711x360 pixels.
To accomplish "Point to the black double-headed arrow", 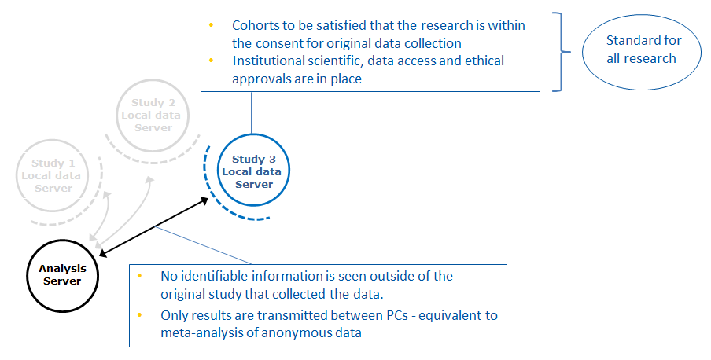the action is pyautogui.click(x=153, y=226).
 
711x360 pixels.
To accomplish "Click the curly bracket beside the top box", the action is pyautogui.click(x=562, y=52).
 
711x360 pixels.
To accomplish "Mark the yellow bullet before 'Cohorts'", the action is pyautogui.click(x=212, y=24).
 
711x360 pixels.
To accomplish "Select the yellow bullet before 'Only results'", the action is pyautogui.click(x=139, y=314).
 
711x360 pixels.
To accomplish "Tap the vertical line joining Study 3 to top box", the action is pyautogui.click(x=251, y=113).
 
